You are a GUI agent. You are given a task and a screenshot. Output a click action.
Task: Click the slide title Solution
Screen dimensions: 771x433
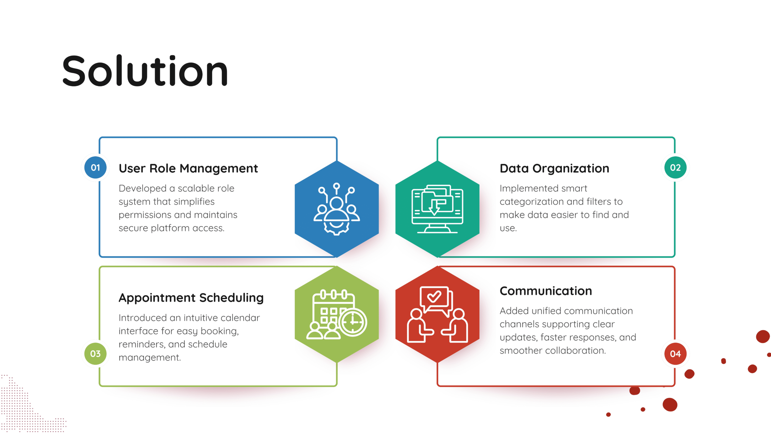(x=145, y=71)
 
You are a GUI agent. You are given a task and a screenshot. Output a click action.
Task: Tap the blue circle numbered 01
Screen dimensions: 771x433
(x=95, y=167)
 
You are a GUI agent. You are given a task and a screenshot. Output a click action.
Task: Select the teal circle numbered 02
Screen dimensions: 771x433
(x=675, y=167)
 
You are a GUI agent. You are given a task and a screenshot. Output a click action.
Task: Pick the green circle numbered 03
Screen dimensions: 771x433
(x=95, y=354)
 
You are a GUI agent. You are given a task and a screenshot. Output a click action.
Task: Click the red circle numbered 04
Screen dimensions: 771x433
(x=675, y=354)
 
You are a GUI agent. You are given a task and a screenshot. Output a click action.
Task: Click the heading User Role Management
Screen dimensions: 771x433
(x=188, y=169)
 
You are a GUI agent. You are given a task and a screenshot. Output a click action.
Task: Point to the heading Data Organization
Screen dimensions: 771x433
(x=554, y=168)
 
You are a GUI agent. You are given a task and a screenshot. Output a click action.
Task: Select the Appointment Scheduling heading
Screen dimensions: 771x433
(x=191, y=298)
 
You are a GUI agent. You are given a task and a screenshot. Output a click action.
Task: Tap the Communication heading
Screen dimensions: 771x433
(x=546, y=291)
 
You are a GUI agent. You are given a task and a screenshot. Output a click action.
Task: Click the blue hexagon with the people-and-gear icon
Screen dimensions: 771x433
(x=337, y=209)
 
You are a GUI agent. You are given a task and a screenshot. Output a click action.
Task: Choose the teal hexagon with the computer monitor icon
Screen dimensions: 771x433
(x=437, y=209)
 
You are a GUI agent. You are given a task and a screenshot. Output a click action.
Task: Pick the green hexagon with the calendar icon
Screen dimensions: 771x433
(x=337, y=315)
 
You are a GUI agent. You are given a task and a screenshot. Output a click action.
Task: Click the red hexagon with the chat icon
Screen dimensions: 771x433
(x=437, y=315)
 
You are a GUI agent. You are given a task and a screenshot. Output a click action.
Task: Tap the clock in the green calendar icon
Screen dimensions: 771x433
(x=353, y=322)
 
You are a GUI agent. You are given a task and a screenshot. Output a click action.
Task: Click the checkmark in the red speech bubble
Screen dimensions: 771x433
(x=434, y=297)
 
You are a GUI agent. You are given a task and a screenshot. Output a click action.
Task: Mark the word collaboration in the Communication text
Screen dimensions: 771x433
(x=575, y=351)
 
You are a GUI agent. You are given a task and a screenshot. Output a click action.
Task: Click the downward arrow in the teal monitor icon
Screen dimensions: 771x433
(x=434, y=208)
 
